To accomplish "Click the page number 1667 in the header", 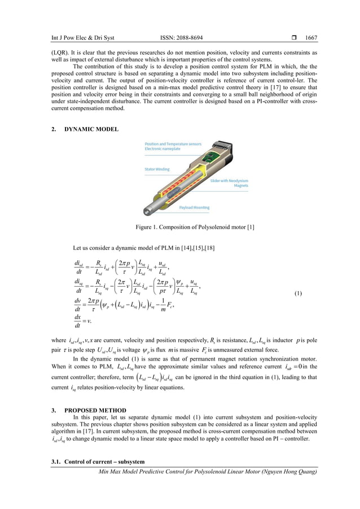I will tap(311, 38).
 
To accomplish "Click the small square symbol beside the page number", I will tap(295, 38).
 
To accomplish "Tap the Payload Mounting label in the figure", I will tap(195, 207).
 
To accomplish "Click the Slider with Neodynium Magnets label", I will tap(229, 183).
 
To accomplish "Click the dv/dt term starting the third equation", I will tap(81, 305).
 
